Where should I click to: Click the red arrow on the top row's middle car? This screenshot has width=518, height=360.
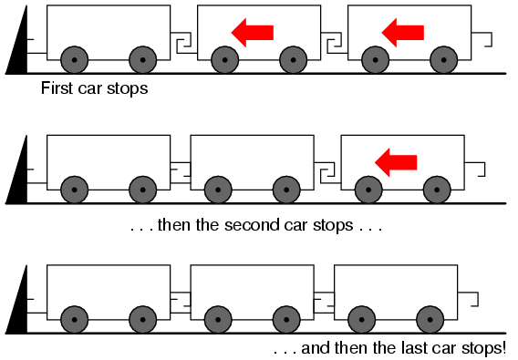pos(253,33)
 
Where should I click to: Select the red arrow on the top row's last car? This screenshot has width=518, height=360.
pos(403,33)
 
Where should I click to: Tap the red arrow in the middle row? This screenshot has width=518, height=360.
pos(396,162)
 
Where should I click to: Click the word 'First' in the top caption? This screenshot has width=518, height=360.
pos(57,88)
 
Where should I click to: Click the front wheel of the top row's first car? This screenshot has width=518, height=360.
pos(75,60)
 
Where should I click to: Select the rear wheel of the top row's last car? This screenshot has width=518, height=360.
pos(443,60)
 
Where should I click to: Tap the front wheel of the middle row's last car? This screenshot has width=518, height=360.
pos(368,190)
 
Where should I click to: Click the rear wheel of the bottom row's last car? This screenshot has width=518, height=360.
pos(430,319)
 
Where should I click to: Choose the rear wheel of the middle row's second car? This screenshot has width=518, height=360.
pos(286,190)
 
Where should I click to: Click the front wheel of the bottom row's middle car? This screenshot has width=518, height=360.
pos(218,319)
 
